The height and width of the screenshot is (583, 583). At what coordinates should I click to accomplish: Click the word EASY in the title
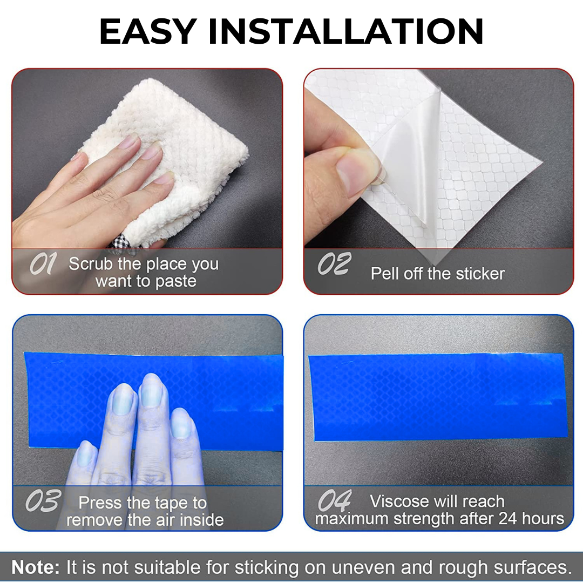pyautogui.click(x=148, y=32)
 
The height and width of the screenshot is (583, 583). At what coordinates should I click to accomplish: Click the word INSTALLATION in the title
pyautogui.click(x=346, y=32)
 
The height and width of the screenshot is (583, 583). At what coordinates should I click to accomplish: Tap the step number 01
pyautogui.click(x=43, y=263)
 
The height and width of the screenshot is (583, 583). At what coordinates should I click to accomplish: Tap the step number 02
pyautogui.click(x=334, y=263)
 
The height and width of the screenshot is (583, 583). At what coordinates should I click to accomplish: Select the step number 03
pyautogui.click(x=43, y=500)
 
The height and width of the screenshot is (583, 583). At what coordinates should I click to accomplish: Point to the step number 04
pyautogui.click(x=334, y=500)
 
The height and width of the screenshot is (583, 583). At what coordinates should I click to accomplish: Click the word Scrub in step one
pyautogui.click(x=91, y=264)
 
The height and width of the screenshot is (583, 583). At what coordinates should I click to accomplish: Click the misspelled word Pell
pyautogui.click(x=385, y=274)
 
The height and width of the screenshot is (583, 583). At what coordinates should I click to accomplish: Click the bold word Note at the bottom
pyautogui.click(x=36, y=567)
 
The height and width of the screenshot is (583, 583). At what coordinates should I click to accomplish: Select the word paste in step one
pyautogui.click(x=176, y=282)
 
